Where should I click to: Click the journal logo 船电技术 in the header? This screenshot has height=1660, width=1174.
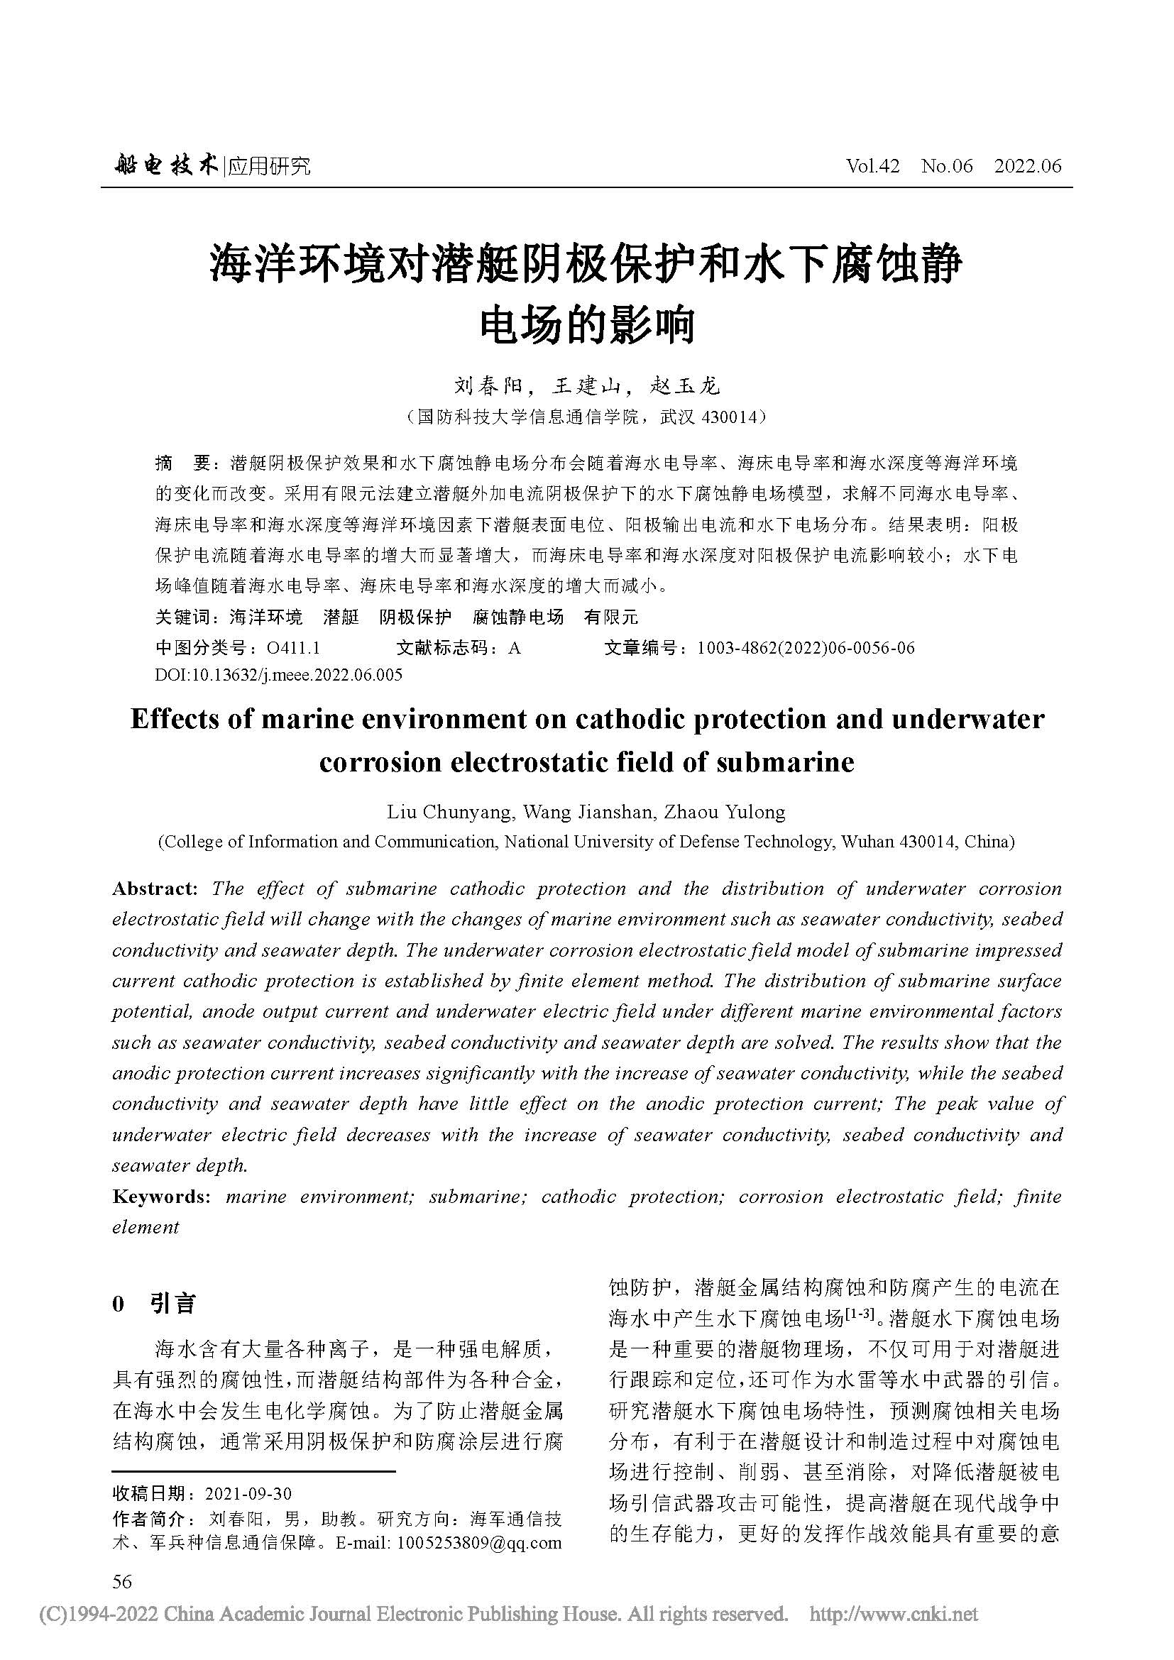coord(165,166)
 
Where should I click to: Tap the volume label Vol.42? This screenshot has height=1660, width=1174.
coord(872,166)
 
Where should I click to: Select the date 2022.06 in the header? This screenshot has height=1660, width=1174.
coord(1027,166)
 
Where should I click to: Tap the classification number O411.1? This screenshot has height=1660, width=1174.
coord(294,648)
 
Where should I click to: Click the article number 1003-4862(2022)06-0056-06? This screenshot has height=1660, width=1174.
coord(806,648)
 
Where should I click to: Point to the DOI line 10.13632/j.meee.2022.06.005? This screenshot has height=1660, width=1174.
coord(279,675)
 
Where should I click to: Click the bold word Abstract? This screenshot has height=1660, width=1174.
coord(155,889)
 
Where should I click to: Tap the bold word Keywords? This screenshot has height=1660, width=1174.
coord(160,1197)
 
